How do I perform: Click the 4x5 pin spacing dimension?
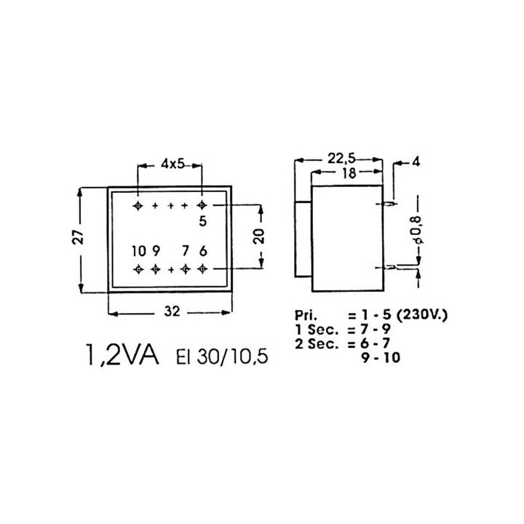pyautogui.click(x=172, y=164)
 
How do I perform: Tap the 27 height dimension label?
pyautogui.click(x=79, y=237)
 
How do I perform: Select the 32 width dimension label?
pyautogui.click(x=172, y=311)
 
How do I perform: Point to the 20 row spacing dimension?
pyautogui.click(x=261, y=236)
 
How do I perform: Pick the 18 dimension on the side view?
pyautogui.click(x=349, y=173)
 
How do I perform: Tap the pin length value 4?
pyautogui.click(x=416, y=162)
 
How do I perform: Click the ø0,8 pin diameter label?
pyautogui.click(x=418, y=229)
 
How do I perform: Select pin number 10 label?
pyautogui.click(x=139, y=251)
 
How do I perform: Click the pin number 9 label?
pyautogui.click(x=156, y=251)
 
